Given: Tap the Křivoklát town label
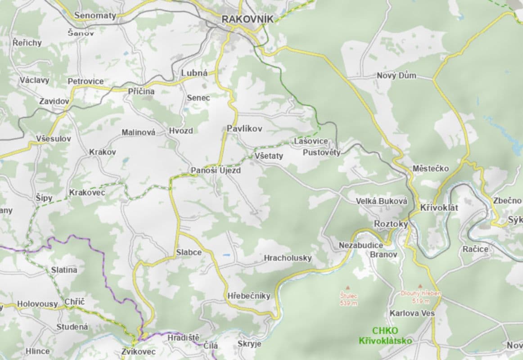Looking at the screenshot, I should [x=439, y=208].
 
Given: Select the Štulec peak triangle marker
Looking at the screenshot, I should [x=348, y=287].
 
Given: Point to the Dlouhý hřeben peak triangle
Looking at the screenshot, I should [x=420, y=286].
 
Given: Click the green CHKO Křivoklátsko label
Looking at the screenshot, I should [x=385, y=336].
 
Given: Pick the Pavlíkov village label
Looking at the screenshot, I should [x=244, y=129].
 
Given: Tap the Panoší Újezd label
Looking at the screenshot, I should [x=216, y=171].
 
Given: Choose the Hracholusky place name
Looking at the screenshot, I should [x=288, y=258].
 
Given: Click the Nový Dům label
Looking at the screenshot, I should [x=397, y=76].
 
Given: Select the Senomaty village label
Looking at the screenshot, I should [x=95, y=15].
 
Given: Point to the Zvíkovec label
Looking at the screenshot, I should [x=139, y=351].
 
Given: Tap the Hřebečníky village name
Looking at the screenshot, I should [x=249, y=296].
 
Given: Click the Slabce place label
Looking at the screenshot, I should [x=189, y=252].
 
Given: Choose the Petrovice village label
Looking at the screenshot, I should [x=86, y=81].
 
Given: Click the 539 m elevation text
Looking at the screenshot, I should [x=348, y=303].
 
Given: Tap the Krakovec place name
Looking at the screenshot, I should [x=87, y=193].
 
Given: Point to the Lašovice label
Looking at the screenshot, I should [x=311, y=141].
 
